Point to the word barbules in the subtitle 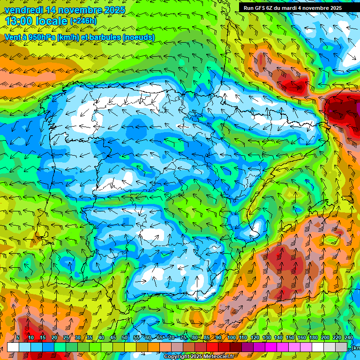point(108,37)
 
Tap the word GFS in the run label point(261,8)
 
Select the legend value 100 point(232,337)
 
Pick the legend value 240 point(349,337)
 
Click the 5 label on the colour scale point(17,337)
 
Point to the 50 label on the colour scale point(125,337)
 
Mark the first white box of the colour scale point(13,347)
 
